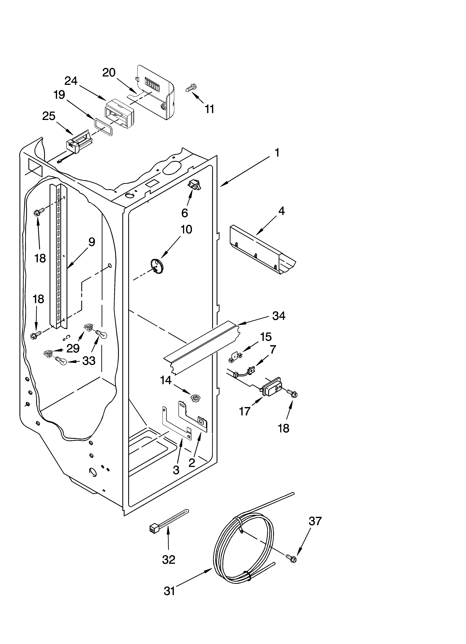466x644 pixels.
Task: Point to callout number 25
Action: click(x=49, y=116)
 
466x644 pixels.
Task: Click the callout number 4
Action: click(x=281, y=211)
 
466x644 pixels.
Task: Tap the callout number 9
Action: click(x=91, y=242)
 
